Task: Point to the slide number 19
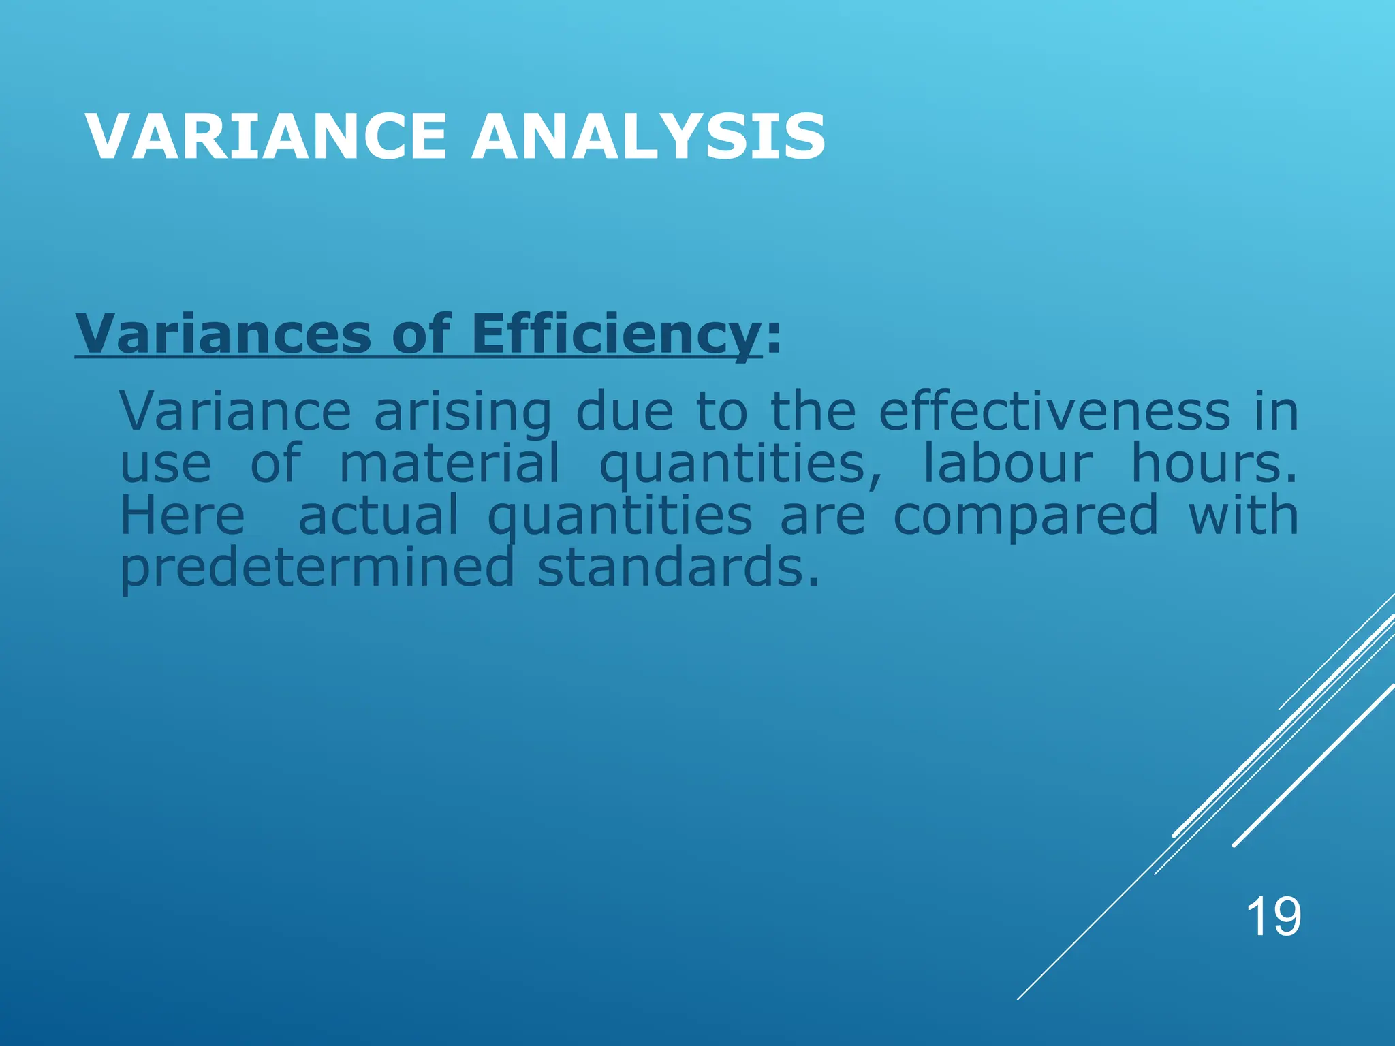point(1273,917)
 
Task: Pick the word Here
point(183,516)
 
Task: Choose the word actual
point(379,516)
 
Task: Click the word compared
point(1026,516)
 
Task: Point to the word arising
point(463,413)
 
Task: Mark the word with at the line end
point(1244,516)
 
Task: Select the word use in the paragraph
point(166,464)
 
